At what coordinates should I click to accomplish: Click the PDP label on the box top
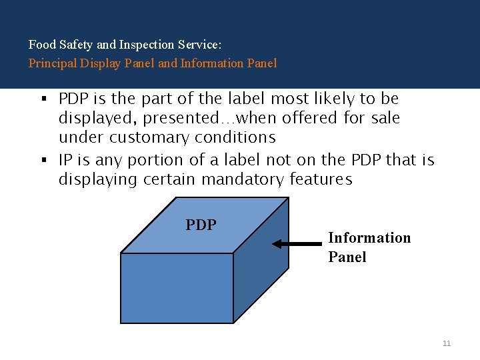(201, 225)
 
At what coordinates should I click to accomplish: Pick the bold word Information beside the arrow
(369, 238)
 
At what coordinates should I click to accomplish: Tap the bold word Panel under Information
(347, 257)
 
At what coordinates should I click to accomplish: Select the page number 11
(447, 343)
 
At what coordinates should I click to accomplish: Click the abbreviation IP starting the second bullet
(65, 161)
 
